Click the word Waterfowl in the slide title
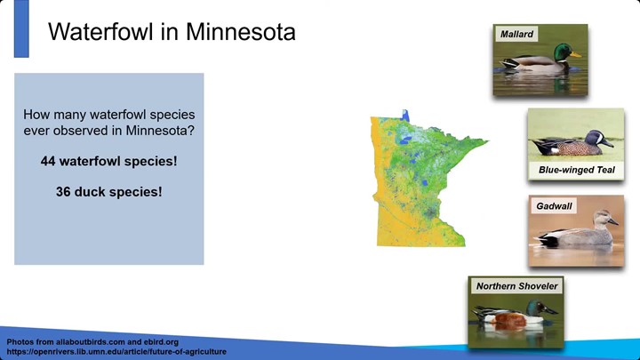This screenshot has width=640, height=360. point(100,31)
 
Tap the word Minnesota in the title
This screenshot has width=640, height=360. point(241,31)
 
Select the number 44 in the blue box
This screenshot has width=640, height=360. point(48,161)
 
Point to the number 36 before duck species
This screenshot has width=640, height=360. point(63,192)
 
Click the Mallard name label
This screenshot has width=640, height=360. point(516,34)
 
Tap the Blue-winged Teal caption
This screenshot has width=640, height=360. point(576,170)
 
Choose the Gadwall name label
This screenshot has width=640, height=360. point(554,206)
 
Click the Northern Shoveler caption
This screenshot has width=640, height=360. point(516,286)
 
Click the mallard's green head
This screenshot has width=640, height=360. point(563,52)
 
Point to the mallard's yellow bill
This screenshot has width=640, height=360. point(576,54)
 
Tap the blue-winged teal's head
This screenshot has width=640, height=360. point(595,137)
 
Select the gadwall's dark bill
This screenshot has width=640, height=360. point(613,221)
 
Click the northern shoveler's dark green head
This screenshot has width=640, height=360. point(535,307)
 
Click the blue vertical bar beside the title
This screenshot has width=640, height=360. point(21,28)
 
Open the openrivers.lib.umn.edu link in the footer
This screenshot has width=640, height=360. point(116,351)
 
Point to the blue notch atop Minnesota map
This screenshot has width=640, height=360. point(405,116)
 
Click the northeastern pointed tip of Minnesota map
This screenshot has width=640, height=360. point(488,141)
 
